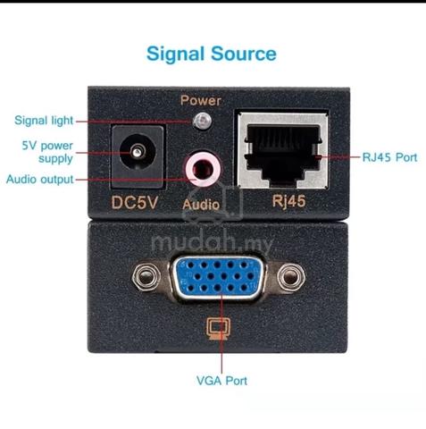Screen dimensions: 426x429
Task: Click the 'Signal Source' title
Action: [x=212, y=54]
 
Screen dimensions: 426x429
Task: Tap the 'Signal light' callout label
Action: [x=44, y=121]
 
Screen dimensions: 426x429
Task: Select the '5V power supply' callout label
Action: [x=47, y=152]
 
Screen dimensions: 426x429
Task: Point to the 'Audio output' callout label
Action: [x=40, y=180]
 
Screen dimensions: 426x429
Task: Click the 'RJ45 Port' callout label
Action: [x=389, y=157]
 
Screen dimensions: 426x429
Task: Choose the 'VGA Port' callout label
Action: [x=221, y=381]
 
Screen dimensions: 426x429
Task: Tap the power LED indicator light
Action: [x=203, y=122]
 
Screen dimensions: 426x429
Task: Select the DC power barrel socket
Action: [x=138, y=156]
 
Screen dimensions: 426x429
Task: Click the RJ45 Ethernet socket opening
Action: [x=283, y=152]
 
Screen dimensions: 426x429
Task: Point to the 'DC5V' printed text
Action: [x=134, y=203]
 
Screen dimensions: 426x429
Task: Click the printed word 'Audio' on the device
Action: [x=201, y=205]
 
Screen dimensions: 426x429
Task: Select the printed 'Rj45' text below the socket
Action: [x=288, y=201]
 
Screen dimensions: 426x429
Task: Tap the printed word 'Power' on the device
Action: [x=201, y=100]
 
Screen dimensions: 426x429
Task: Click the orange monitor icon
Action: [x=219, y=328]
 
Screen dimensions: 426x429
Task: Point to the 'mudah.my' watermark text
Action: [x=212, y=244]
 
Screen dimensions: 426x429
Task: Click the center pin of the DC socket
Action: [x=137, y=152]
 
